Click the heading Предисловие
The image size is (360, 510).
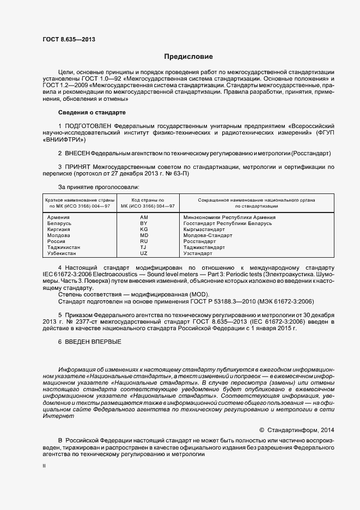click(188, 57)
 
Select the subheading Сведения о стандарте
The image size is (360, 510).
click(91, 112)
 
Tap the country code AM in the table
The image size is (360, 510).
click(144, 217)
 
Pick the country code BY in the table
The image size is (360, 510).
click(144, 223)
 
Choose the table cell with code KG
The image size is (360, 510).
click(144, 229)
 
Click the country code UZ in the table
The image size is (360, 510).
click(144, 253)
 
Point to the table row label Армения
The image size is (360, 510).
click(59, 217)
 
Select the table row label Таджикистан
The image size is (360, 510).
click(64, 247)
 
